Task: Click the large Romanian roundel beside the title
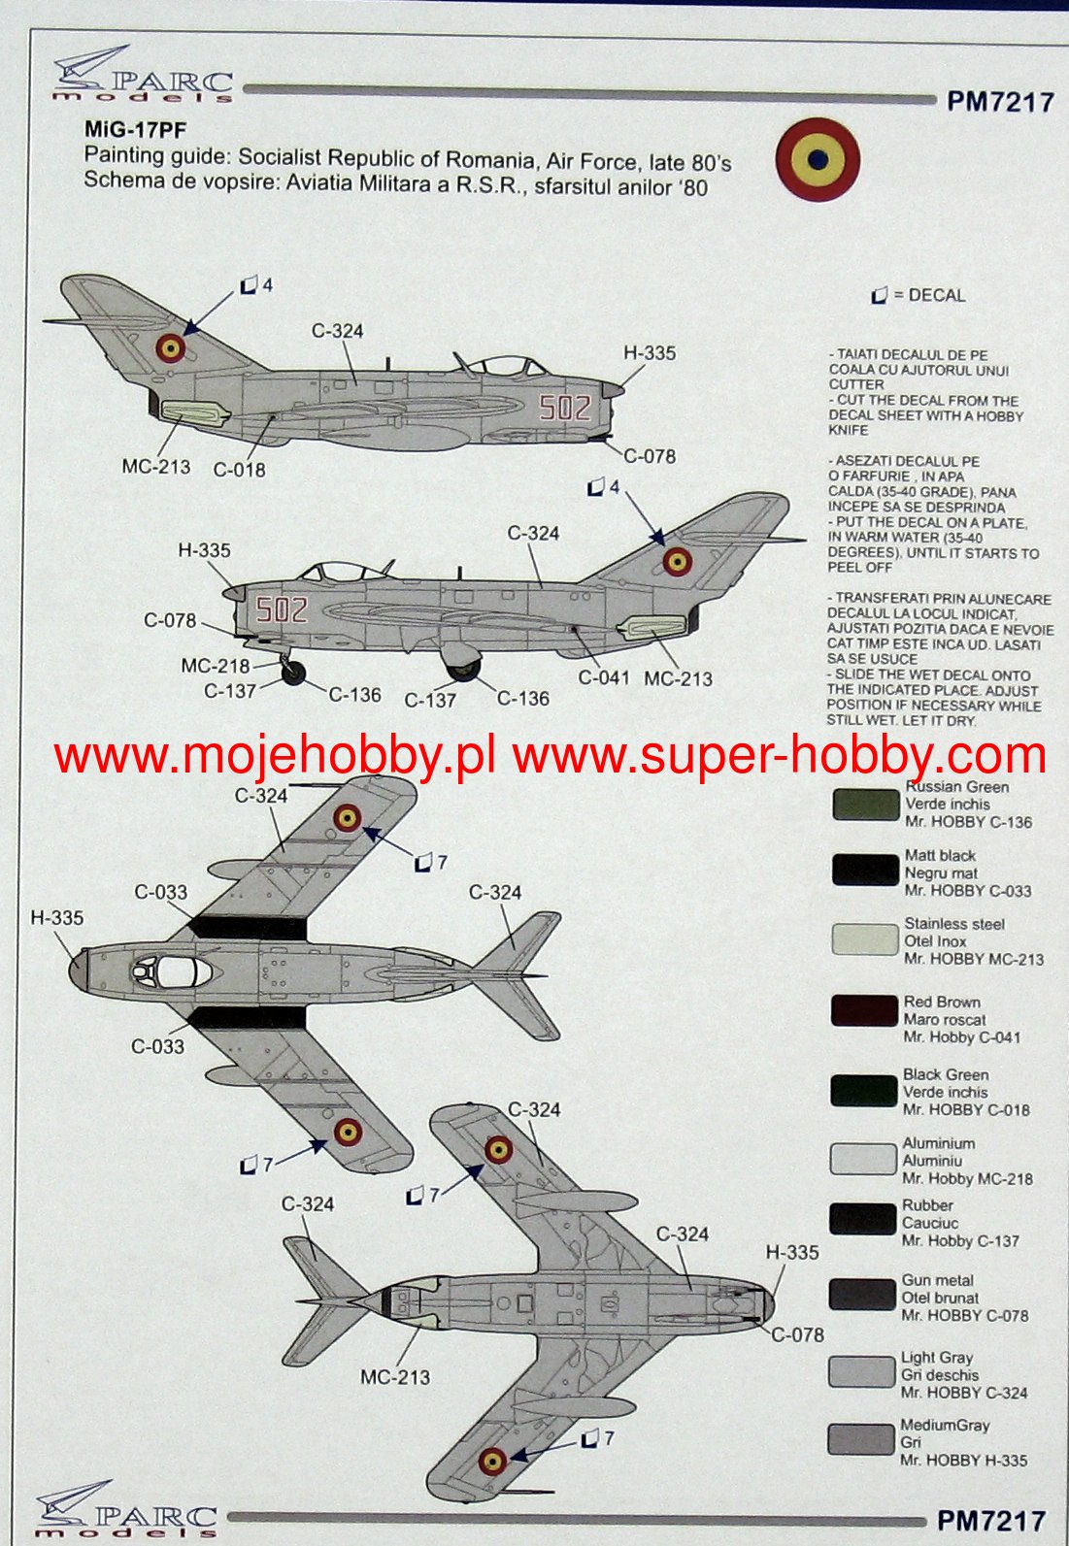[x=818, y=159]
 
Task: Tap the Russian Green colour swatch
[x=865, y=805]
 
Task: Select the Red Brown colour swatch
[x=864, y=1011]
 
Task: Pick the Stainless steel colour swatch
[x=864, y=939]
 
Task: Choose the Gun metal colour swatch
[x=862, y=1296]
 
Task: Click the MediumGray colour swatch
[x=860, y=1439]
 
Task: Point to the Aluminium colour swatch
[x=862, y=1159]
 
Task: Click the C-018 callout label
[x=239, y=470]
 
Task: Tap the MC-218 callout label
[x=215, y=666]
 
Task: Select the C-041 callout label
[x=604, y=677]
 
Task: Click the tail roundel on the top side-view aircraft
[x=171, y=346]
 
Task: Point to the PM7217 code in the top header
[x=999, y=102]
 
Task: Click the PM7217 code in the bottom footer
[x=990, y=1520]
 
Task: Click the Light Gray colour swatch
[x=860, y=1372]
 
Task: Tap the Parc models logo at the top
[x=144, y=76]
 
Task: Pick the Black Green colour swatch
[x=863, y=1090]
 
